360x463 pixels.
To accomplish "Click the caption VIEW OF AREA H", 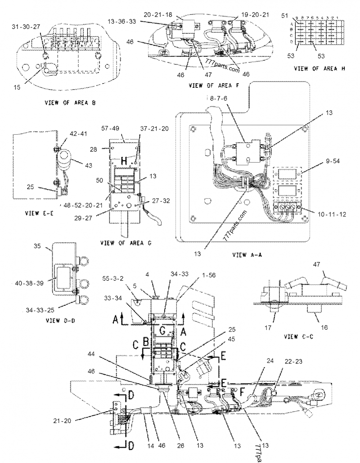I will tap(319, 68).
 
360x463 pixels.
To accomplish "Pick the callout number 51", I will tap(284, 16).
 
